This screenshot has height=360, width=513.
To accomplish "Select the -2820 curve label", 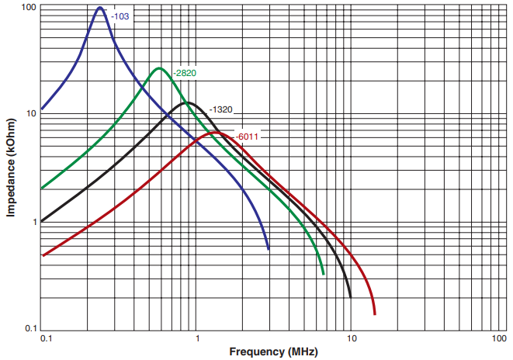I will tap(185, 73).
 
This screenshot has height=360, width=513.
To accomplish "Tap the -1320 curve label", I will tap(221, 109).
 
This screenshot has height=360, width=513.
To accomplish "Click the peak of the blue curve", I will tap(100, 8).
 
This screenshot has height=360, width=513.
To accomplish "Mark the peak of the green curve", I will tap(159, 68).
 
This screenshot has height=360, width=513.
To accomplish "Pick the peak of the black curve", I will tap(186, 102).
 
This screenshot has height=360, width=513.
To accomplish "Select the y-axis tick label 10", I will tap(32, 113).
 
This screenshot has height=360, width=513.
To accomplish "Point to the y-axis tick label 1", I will tap(34, 222).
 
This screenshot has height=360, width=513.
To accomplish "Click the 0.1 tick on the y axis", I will tap(30, 328).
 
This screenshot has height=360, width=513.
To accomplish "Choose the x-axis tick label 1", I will tap(199, 340).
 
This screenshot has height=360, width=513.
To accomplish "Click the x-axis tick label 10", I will tap(351, 340).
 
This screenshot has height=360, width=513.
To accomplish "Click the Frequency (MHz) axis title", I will tap(273, 352).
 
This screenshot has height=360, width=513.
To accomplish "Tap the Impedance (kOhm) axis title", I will tap(10, 167).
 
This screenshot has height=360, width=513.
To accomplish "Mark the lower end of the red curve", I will tap(375, 313).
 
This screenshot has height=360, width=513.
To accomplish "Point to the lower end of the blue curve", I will tap(269, 248).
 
